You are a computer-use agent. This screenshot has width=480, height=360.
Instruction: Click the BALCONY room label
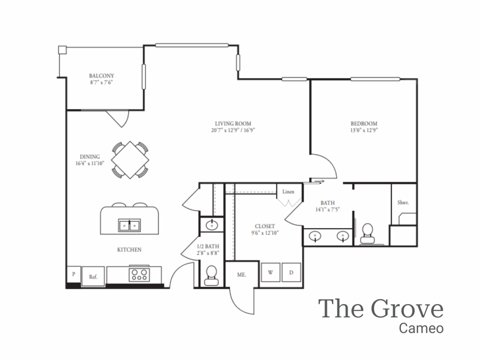click(102, 75)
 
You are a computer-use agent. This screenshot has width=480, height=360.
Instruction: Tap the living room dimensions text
click(232, 131)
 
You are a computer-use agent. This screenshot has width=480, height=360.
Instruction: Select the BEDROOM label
click(364, 124)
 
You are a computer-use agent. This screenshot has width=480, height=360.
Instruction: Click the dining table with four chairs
click(130, 160)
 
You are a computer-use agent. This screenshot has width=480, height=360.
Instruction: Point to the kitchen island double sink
click(129, 225)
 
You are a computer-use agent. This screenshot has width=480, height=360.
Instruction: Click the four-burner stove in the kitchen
click(138, 274)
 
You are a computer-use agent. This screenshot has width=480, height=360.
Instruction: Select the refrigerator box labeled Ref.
click(93, 277)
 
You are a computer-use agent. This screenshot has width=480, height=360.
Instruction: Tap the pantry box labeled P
click(74, 274)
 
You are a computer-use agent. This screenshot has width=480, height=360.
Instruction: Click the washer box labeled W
click(270, 272)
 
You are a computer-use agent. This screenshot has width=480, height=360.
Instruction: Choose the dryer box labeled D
click(291, 272)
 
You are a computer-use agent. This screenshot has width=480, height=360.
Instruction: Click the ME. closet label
click(241, 275)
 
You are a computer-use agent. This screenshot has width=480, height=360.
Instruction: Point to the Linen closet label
click(288, 191)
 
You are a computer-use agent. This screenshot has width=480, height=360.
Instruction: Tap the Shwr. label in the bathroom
click(403, 203)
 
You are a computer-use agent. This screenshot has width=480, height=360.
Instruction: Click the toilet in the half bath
click(211, 275)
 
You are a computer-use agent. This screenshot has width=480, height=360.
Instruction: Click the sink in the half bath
click(211, 225)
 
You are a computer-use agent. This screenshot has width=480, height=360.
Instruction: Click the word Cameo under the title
click(421, 328)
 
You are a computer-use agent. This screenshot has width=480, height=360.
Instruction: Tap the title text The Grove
click(381, 309)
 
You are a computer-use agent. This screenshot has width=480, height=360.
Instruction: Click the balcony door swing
click(118, 118)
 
